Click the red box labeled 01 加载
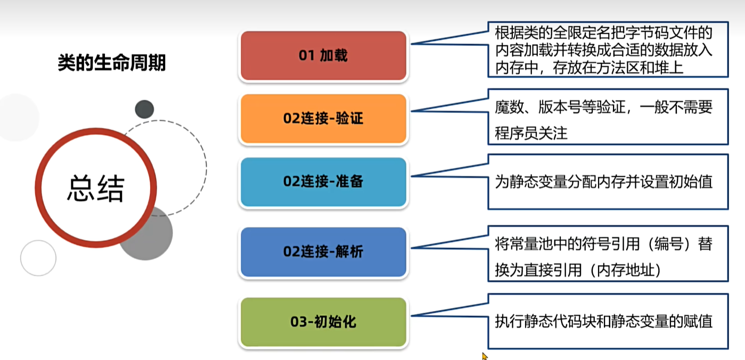click(323, 56)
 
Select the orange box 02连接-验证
click(323, 118)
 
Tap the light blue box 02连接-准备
click(323, 182)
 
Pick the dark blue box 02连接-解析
click(323, 251)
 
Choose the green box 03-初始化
click(323, 322)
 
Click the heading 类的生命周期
click(112, 63)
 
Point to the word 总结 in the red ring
click(96, 188)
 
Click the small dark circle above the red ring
click(144, 109)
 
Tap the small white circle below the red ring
click(38, 258)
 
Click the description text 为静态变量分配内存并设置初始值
click(603, 182)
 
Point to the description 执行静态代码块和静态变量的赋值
click(603, 322)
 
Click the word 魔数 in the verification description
click(506, 108)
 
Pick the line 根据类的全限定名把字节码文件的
click(603, 33)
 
